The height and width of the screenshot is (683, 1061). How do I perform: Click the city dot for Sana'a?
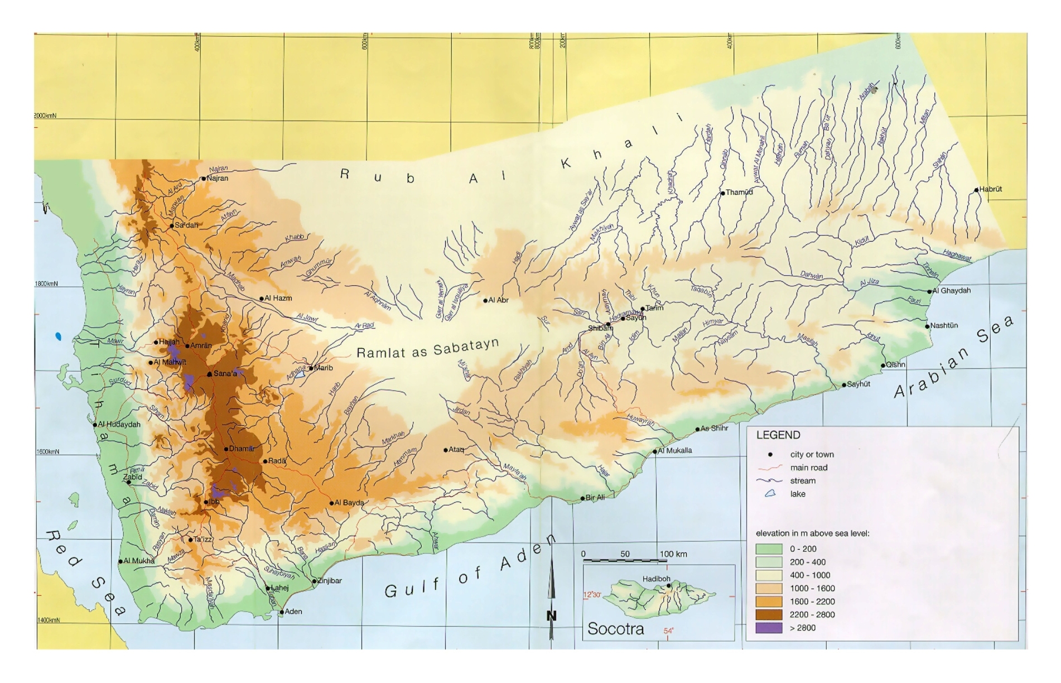pos(209,374)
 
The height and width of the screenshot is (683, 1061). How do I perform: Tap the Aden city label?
pos(293,612)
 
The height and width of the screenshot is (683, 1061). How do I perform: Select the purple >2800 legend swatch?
pos(769,628)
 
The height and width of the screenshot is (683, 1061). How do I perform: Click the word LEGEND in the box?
pos(778,435)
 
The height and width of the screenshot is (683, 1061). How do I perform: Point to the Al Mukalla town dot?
pos(655,451)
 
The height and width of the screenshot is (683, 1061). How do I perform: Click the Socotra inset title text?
pos(615,629)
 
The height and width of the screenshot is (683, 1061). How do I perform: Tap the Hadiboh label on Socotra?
pos(656,579)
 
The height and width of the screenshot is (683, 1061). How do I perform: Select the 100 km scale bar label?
pos(673,554)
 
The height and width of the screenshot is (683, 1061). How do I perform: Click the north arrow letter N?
pos(551,616)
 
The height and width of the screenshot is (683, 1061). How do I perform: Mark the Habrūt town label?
pos(990,189)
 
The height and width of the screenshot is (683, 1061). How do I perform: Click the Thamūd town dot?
pos(722,193)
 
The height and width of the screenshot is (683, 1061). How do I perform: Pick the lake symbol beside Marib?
pos(300,374)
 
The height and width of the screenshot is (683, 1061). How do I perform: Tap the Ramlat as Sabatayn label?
pos(427,349)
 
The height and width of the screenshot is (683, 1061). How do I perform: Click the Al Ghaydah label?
pos(951,291)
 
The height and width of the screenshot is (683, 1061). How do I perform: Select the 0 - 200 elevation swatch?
pos(769,549)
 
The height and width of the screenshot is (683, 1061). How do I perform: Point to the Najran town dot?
pos(204,179)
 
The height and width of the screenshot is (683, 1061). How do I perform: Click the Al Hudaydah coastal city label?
pos(119,424)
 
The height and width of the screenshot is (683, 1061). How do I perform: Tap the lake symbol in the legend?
pos(770,494)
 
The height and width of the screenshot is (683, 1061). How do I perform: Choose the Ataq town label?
pos(456,449)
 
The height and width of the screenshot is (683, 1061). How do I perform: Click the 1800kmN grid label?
pos(46,283)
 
